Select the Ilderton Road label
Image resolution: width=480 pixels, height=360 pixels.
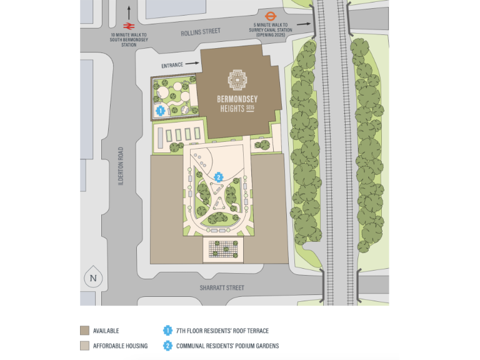click(121, 166)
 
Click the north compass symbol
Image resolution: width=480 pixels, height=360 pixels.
click(94, 278)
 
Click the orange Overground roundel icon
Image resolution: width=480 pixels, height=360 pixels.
click(271, 16)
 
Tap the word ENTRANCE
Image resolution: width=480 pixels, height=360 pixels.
click(172, 65)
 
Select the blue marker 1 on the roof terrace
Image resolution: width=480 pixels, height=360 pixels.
click(161, 111)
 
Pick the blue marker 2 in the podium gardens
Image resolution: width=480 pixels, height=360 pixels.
click(218, 177)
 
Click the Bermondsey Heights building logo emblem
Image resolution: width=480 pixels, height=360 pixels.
click(237, 80)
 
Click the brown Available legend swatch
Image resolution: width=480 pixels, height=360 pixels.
click(84, 331)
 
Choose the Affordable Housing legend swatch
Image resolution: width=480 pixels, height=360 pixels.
click(84, 346)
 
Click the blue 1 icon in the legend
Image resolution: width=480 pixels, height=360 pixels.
click(167, 331)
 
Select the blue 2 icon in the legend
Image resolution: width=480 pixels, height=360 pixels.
click(167, 346)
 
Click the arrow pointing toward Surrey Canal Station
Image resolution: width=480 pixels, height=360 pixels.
click(304, 24)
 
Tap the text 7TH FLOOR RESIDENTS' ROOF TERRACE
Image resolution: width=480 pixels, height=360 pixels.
click(222, 331)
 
